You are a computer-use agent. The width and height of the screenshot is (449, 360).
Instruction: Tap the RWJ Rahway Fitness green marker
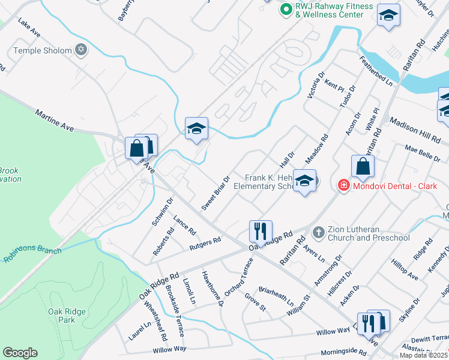[x=286, y=10]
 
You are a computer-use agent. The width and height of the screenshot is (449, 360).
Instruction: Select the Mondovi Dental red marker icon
[x=343, y=185]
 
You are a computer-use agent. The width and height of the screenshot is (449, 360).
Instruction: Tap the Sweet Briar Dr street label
[x=216, y=193]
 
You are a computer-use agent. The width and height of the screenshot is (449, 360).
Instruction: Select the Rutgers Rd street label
[x=205, y=244]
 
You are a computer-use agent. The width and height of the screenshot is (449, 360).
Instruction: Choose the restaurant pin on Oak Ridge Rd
[x=261, y=230]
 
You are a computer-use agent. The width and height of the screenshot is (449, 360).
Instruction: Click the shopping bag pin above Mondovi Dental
[x=363, y=167]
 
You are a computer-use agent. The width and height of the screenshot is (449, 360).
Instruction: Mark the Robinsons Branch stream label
[x=30, y=253]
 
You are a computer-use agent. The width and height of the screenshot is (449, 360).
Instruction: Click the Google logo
[x=20, y=353]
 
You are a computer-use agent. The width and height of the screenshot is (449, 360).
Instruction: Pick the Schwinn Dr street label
[x=163, y=211]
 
